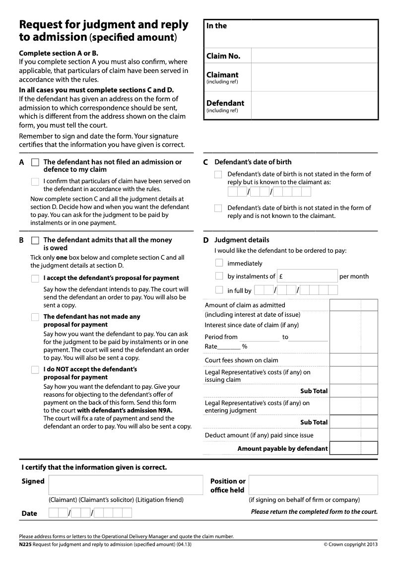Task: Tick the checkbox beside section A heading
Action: point(35,162)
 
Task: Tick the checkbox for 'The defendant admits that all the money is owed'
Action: point(35,240)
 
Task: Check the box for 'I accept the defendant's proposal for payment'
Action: point(35,279)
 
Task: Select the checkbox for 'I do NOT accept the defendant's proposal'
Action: point(35,370)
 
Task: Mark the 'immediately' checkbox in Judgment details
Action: point(219,263)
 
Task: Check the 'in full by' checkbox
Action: point(219,290)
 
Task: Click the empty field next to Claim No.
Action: point(314,56)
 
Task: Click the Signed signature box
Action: point(126,485)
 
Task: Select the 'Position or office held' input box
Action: point(313,485)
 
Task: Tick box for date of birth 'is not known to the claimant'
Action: point(218,209)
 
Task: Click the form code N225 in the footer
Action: point(25,544)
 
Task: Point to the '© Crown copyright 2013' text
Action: point(350,544)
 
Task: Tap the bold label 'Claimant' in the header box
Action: point(222,75)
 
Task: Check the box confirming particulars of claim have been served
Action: point(35,182)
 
